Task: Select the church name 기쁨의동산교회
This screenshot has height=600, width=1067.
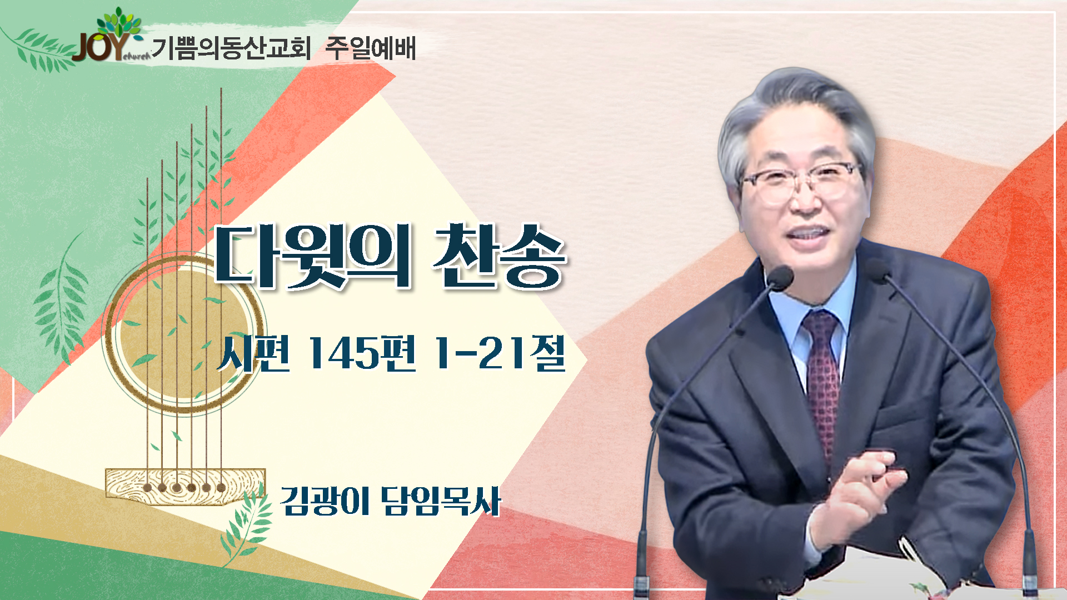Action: (x=231, y=48)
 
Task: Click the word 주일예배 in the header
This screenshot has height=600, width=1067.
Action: (x=370, y=48)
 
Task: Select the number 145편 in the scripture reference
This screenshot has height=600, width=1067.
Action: (x=362, y=353)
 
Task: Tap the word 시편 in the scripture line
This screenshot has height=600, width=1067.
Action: (x=253, y=353)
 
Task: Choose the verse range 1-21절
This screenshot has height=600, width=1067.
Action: (x=499, y=353)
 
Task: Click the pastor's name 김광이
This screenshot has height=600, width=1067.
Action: (x=325, y=501)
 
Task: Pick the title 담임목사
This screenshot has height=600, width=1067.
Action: (x=441, y=501)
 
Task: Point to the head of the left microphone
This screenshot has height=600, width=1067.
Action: (x=779, y=277)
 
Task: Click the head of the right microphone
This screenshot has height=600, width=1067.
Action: (x=879, y=270)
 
